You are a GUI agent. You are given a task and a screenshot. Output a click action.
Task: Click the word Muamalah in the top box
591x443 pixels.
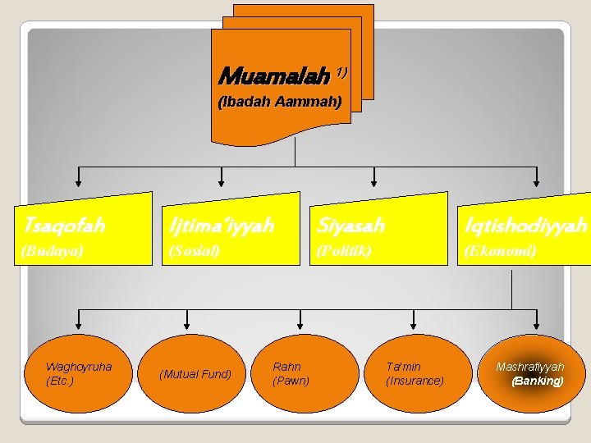(x=270, y=77)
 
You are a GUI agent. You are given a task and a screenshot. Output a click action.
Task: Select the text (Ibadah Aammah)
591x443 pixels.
(x=279, y=103)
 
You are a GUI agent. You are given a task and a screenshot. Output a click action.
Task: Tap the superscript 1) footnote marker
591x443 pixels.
(x=340, y=71)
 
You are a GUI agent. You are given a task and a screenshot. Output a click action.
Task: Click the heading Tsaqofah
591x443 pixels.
(x=65, y=224)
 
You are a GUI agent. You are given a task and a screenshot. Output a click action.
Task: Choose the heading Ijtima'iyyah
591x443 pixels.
(x=220, y=224)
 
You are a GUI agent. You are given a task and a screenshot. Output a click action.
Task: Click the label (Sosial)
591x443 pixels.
(x=194, y=250)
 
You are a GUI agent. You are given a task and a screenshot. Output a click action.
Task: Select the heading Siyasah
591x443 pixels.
(x=350, y=224)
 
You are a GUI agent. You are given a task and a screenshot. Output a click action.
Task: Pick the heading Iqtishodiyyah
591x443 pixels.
(x=525, y=224)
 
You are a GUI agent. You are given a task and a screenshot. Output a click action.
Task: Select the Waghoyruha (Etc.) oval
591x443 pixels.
(x=79, y=373)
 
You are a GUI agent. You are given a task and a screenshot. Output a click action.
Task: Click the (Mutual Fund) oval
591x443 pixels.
(x=195, y=374)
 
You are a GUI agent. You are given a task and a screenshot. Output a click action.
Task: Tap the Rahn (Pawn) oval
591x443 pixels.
(x=291, y=373)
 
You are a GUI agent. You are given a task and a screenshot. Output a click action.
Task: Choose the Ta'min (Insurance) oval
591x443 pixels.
(x=415, y=373)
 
